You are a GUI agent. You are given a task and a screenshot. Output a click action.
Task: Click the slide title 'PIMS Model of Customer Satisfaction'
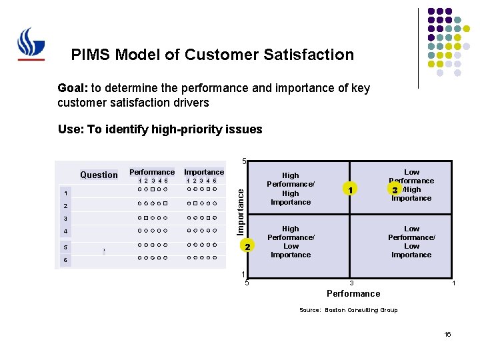click(x=212, y=55)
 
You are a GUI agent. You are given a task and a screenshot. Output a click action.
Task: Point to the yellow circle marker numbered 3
click(x=395, y=190)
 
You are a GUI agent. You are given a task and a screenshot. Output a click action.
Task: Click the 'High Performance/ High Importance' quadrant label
click(x=291, y=189)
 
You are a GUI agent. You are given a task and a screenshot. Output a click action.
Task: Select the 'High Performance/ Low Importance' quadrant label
click(x=291, y=241)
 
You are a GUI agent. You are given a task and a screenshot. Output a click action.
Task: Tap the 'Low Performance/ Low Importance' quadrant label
click(x=411, y=241)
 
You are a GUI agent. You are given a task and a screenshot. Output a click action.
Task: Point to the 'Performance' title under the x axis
click(x=353, y=293)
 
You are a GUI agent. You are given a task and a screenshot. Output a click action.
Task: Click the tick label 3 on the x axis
click(x=352, y=284)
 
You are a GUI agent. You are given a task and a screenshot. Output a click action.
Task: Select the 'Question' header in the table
click(x=99, y=175)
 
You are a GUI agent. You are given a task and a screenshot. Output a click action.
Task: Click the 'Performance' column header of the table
click(x=152, y=172)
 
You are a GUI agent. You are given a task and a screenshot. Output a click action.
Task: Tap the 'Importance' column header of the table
click(x=204, y=172)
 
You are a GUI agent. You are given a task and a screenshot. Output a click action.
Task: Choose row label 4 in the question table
click(x=65, y=232)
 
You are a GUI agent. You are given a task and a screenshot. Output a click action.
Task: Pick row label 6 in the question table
click(x=65, y=259)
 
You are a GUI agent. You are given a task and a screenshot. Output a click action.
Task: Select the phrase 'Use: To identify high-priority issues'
click(x=160, y=129)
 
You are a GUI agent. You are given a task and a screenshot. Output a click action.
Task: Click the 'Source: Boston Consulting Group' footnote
click(x=348, y=310)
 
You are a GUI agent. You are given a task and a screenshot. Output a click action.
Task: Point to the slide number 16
click(x=448, y=334)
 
